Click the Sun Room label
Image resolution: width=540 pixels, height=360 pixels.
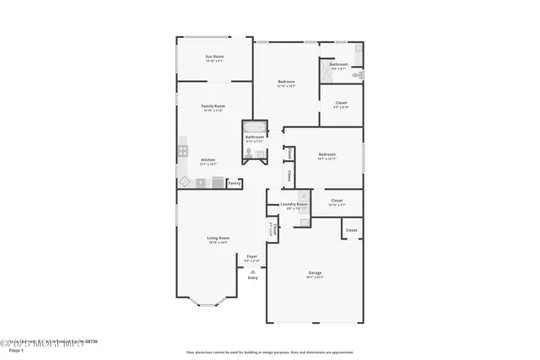pyautogui.click(x=213, y=56)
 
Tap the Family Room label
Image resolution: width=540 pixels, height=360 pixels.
pyautogui.click(x=213, y=106)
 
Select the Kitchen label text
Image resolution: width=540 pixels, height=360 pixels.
pyautogui.click(x=208, y=160)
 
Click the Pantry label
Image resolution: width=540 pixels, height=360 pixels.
pyautogui.click(x=235, y=183)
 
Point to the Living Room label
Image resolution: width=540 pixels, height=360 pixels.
pyautogui.click(x=219, y=239)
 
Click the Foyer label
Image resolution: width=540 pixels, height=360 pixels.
pyautogui.click(x=251, y=256)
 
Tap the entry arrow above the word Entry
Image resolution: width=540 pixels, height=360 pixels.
pyautogui.click(x=252, y=271)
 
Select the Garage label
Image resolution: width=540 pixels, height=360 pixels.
pyautogui.click(x=315, y=272)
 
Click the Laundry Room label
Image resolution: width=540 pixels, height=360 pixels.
pyautogui.click(x=294, y=205)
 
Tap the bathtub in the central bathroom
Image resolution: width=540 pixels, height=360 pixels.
pyautogui.click(x=254, y=127)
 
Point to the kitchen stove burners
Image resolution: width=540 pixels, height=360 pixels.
pyautogui.click(x=181, y=152)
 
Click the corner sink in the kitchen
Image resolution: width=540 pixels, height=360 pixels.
pyautogui.click(x=184, y=181)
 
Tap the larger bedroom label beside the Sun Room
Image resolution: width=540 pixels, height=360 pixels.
pyautogui.click(x=286, y=82)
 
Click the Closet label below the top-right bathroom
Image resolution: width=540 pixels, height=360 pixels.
pyautogui.click(x=341, y=103)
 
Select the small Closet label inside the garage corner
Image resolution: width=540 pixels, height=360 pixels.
pyautogui.click(x=351, y=229)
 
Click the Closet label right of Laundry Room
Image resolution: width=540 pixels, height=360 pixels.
pyautogui.click(x=337, y=201)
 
